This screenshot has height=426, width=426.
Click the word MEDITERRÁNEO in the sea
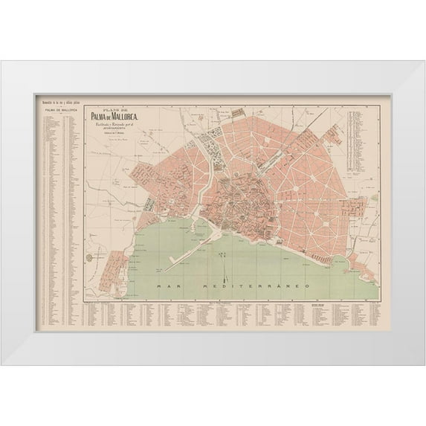click(x=245, y=285)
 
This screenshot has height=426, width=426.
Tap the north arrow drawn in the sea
click(x=222, y=256)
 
